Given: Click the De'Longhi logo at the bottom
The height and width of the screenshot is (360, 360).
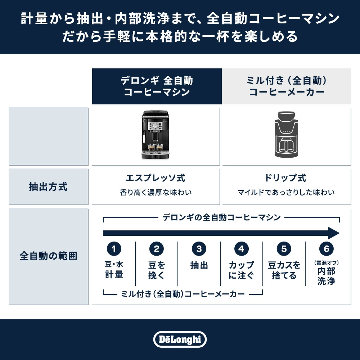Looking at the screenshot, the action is coord(180,339).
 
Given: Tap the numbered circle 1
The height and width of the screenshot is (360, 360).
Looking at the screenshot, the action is coord(114,249).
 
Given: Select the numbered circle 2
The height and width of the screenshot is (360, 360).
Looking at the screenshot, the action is coord(156,249).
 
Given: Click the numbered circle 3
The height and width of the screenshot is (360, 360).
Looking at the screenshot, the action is coord(199,249).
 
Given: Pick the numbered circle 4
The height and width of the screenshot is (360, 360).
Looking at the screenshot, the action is coord(241,249).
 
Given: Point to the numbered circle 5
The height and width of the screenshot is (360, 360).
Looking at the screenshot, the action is coord(284,249).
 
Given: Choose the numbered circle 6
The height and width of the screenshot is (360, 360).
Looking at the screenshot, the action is coord(327,249).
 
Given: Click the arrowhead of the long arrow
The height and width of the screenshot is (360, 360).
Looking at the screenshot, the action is coord(334,233).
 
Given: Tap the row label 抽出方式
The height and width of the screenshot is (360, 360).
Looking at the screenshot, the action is coord(48,186).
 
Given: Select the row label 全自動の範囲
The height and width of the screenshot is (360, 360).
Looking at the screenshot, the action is coord(48,256).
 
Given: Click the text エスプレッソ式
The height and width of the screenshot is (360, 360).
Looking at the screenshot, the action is coord(156,178).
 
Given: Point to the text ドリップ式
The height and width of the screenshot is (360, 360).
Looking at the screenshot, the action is coord(285,178).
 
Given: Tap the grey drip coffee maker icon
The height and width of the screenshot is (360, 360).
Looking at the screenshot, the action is coord(286,135).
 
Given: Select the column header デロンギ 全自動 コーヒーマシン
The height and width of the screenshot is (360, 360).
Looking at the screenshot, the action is coord(157,86).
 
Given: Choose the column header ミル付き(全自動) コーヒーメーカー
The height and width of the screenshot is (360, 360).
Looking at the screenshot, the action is coord(287,86).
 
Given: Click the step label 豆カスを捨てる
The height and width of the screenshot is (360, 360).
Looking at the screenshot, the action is coord(284,270).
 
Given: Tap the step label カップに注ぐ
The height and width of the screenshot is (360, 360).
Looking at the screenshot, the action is coord(241,270).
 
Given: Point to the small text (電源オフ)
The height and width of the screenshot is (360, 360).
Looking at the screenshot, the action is coord(327,263).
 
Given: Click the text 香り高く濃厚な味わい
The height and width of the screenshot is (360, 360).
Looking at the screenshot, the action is coord(156,192).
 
